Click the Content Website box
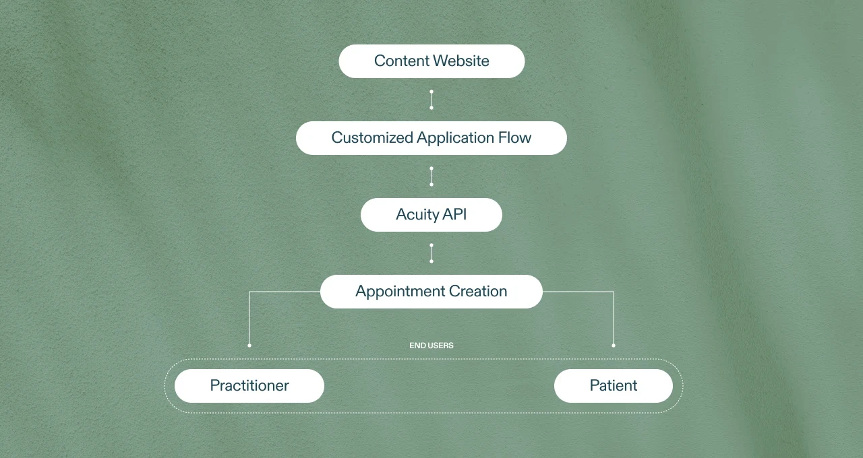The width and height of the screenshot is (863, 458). [431, 61]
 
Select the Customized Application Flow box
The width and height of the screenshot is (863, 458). [431, 138]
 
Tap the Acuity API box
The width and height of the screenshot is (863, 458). [431, 215]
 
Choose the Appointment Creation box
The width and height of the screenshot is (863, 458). [431, 292]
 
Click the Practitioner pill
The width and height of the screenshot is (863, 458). [249, 386]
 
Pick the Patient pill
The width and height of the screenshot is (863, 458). [614, 386]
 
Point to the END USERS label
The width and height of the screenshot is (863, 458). [431, 346]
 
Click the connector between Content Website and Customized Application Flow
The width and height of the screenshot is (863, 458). [431, 100]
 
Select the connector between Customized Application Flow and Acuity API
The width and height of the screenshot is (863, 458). [431, 176]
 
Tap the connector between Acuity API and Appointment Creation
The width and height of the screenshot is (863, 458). [431, 253]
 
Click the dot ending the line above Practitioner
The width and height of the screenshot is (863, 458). [249, 346]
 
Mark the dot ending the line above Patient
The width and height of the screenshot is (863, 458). [614, 346]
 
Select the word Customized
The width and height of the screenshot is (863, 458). [371, 138]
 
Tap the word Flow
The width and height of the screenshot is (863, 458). [515, 138]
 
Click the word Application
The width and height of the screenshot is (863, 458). [455, 139]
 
